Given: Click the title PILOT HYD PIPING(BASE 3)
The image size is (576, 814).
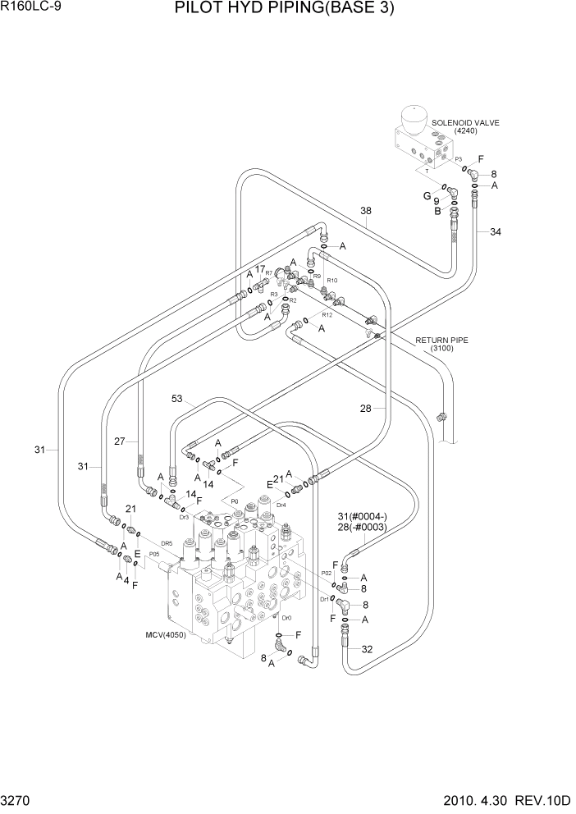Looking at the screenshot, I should (284, 10).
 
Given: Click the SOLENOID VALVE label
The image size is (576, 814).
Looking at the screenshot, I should (465, 122).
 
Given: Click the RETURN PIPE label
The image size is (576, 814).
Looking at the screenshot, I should (441, 339).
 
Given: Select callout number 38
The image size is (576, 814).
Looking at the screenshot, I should (366, 211).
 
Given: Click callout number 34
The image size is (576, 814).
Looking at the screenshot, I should (495, 232).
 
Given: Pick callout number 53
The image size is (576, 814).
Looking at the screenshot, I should (178, 399).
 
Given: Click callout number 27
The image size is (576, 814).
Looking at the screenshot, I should (121, 441).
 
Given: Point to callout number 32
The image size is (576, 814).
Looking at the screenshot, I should (367, 649).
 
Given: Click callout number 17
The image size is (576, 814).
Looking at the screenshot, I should (259, 269).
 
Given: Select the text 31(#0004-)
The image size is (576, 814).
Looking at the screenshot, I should (362, 515).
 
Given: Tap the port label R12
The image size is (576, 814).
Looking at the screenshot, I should (327, 315).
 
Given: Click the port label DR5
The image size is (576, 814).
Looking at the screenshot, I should (167, 543).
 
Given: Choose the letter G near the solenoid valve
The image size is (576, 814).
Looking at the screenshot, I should (426, 195).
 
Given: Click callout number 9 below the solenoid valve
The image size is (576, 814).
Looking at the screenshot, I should (437, 200).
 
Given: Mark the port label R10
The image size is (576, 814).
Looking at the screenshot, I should (332, 281).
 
